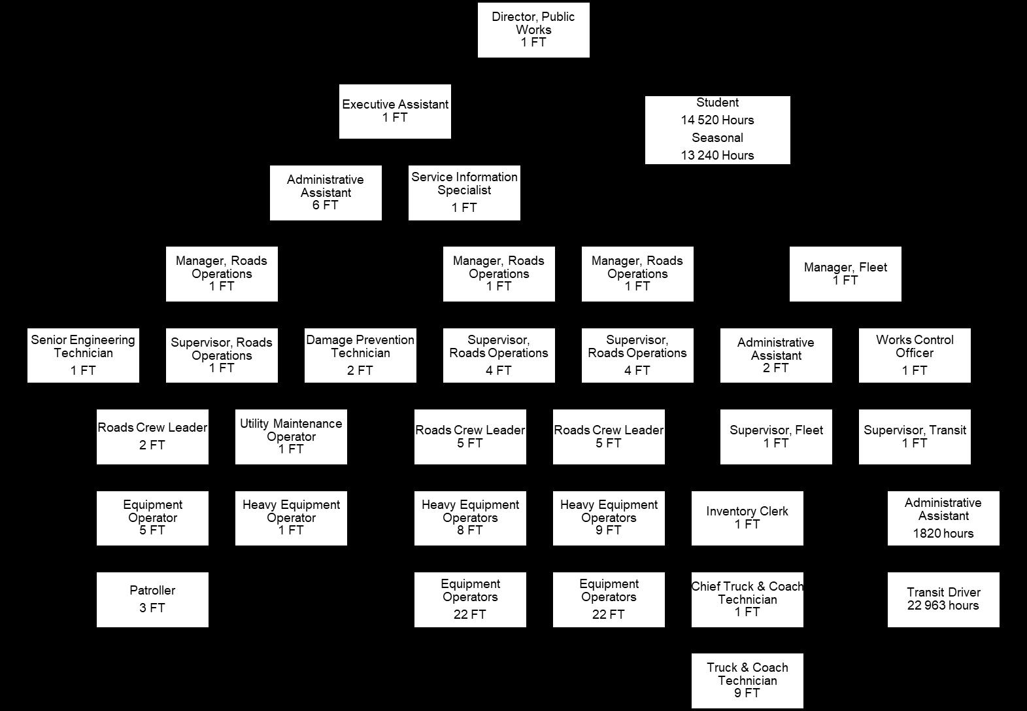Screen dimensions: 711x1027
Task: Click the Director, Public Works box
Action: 533,30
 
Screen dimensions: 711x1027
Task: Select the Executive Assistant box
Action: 395,111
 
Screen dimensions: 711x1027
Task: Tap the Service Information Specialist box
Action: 464,193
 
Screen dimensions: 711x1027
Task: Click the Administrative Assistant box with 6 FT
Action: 326,193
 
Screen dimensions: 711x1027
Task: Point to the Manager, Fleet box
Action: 845,274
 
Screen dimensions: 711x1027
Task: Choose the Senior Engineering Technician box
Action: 83,355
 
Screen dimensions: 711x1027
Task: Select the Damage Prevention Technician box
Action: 360,355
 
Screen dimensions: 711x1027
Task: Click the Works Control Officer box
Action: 915,355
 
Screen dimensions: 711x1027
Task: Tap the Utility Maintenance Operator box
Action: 291,437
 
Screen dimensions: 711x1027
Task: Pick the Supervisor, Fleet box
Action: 776,437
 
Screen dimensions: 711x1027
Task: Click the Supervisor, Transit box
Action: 915,437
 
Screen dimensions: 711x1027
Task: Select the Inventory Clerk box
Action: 747,518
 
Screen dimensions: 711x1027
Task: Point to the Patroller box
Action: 152,600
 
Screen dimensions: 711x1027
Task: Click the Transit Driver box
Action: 943,600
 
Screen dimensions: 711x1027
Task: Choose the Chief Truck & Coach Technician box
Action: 747,600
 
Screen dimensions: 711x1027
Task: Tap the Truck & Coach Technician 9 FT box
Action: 747,680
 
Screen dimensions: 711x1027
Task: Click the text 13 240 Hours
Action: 717,155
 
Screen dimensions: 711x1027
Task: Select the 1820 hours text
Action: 943,533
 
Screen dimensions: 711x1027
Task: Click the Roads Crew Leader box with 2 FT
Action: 152,437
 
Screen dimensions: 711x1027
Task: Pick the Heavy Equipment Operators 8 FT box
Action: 470,518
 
